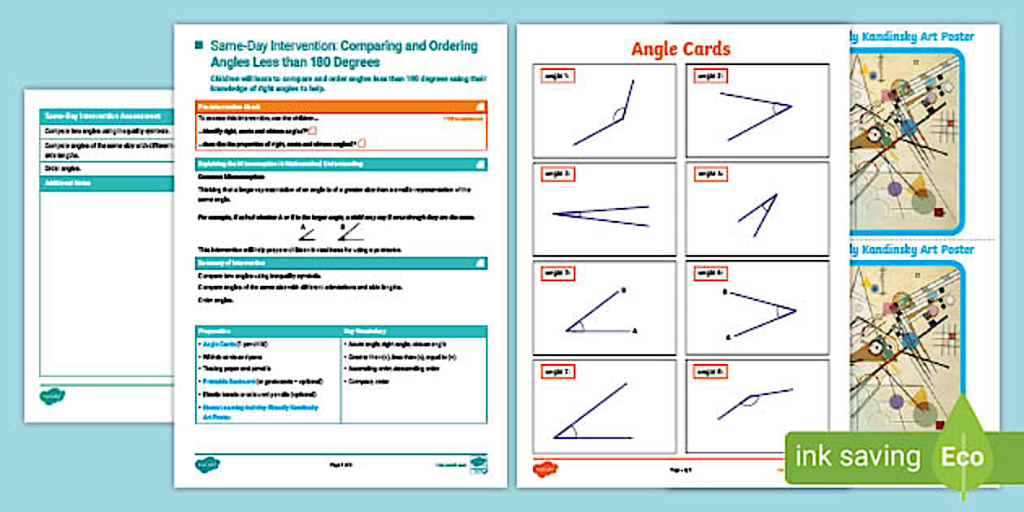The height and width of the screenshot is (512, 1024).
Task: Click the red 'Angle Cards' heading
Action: pos(681,49)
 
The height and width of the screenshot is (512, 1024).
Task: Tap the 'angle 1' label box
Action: pos(558,76)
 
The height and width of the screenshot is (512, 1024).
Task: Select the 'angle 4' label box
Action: pos(709,175)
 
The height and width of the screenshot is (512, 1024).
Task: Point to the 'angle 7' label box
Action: pos(558,371)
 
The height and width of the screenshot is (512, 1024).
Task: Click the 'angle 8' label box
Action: pos(709,371)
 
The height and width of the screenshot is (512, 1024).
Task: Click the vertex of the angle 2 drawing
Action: pos(791,106)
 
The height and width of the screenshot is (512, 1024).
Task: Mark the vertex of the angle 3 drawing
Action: pos(553,215)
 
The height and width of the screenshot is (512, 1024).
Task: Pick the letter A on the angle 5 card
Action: pos(635,331)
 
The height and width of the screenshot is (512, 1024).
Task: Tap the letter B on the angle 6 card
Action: pos(725,291)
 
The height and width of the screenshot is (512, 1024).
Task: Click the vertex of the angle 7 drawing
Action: pos(555,437)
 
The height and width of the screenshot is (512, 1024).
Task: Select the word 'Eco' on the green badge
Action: pos(962,457)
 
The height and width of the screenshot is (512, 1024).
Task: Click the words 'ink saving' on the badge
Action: pos(857,457)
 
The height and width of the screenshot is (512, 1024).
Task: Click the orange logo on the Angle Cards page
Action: pos(543,468)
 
